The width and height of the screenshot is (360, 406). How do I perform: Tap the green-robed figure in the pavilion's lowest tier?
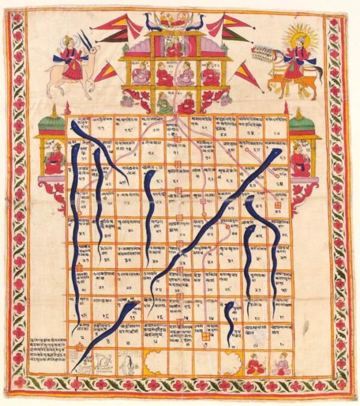tap(164, 106)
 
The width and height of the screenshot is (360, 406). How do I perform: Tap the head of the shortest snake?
tap(229, 307)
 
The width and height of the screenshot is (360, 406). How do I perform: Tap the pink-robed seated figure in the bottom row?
tap(281, 363)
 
